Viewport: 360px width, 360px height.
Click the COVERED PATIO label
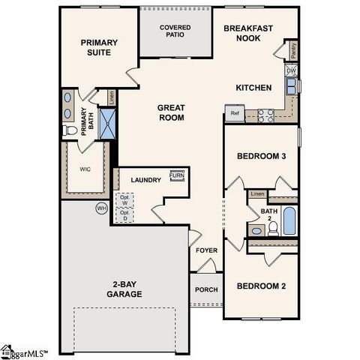click(175, 32)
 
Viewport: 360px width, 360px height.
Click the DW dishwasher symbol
click(290, 71)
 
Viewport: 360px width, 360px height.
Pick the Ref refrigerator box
click(234, 115)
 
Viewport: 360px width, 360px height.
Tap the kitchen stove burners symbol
click(265, 115)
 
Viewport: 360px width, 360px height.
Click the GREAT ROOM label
click(171, 112)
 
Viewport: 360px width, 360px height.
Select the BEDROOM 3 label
click(261, 156)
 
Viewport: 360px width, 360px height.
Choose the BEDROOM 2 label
click(261, 286)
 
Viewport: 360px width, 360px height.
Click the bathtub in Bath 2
click(289, 223)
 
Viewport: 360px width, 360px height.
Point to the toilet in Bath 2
click(273, 227)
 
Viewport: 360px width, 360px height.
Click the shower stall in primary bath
click(107, 121)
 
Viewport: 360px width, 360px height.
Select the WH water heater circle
click(100, 208)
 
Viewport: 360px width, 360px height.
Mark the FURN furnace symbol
click(178, 176)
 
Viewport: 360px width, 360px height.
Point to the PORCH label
click(207, 290)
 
